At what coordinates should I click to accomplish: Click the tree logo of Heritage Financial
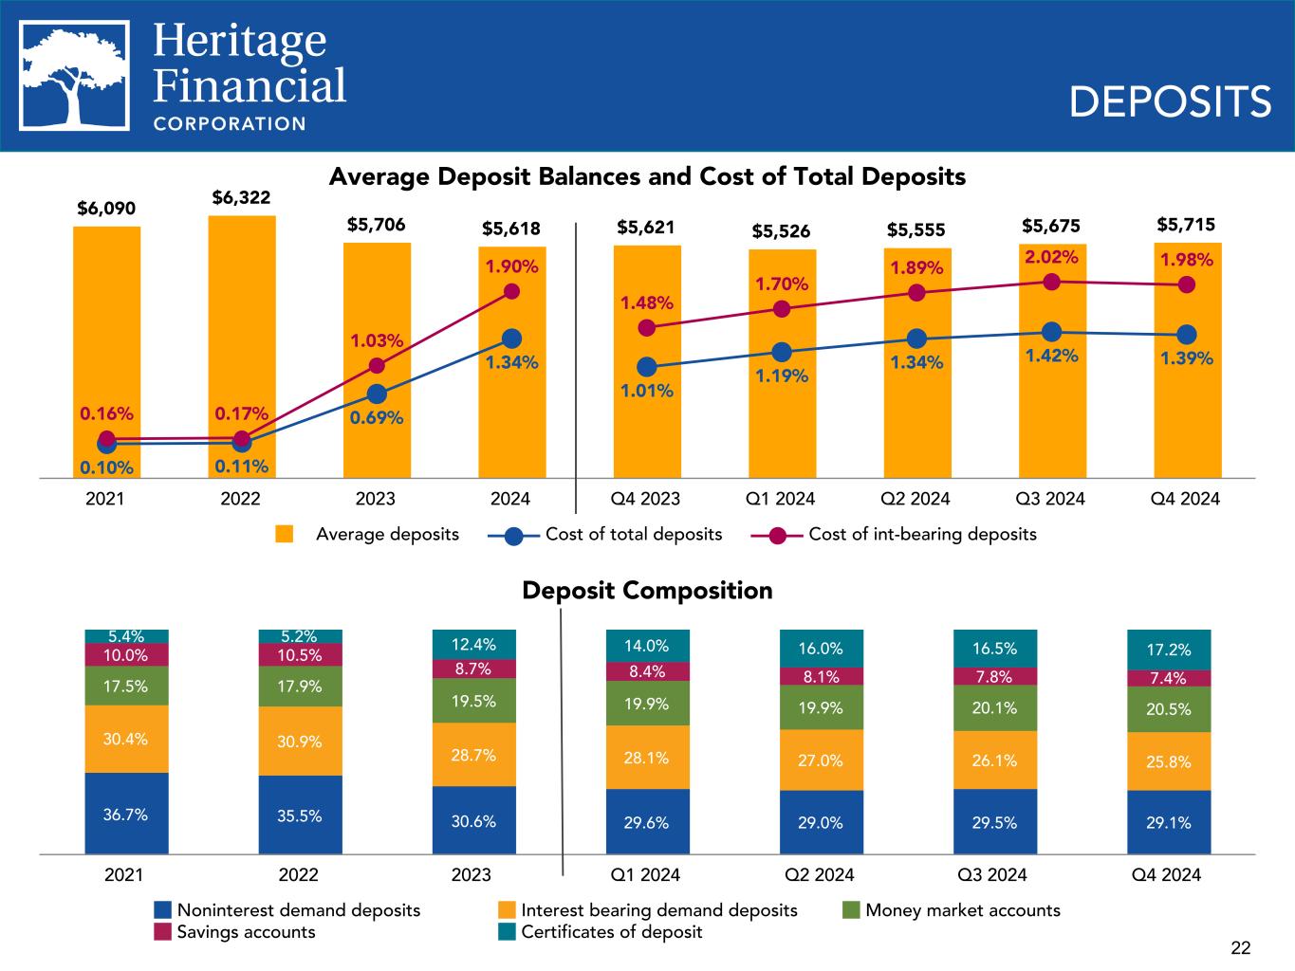tap(75, 76)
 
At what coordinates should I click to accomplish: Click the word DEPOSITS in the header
tap(1170, 101)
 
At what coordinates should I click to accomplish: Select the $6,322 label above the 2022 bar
tap(241, 197)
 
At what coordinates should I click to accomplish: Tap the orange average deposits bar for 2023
tap(377, 360)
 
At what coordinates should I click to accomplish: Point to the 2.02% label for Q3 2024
tap(1050, 257)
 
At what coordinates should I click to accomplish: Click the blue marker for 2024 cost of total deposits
tap(511, 339)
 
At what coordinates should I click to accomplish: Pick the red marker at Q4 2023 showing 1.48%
tap(647, 327)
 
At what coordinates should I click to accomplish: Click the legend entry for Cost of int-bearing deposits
tap(921, 534)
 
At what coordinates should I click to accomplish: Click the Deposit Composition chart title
tap(647, 591)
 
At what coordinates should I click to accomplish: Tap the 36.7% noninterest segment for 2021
tap(126, 814)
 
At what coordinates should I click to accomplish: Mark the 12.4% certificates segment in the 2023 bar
tap(473, 645)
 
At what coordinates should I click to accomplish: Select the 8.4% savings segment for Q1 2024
tap(647, 671)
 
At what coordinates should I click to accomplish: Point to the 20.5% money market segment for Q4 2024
tap(1169, 709)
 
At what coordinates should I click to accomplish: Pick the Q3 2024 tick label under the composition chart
tap(993, 874)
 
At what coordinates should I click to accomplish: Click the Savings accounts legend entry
tap(246, 931)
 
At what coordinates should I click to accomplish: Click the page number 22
tap(1240, 947)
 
